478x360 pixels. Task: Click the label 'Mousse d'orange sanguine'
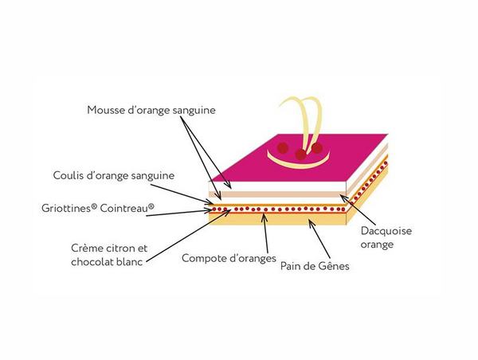pyautogui.click(x=151, y=109)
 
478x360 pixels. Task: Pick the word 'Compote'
pyautogui.click(x=205, y=258)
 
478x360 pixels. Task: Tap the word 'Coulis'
pyautogui.click(x=69, y=175)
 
